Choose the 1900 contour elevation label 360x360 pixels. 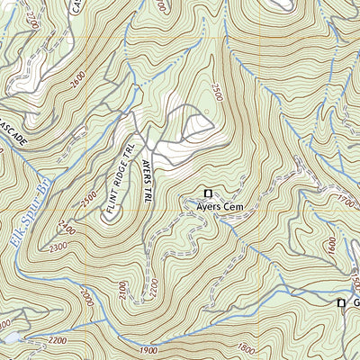(x=149, y=349)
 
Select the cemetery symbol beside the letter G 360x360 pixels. (x=341, y=303)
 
